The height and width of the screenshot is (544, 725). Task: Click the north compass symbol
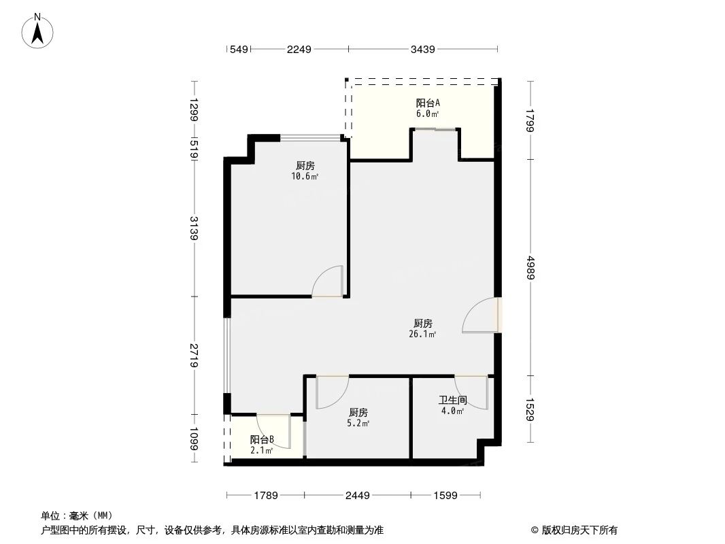point(39,31)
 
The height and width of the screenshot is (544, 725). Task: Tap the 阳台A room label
point(428,103)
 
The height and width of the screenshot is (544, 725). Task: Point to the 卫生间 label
point(452,401)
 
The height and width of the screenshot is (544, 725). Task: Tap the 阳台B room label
point(262,439)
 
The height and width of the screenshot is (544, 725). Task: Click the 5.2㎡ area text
point(358,423)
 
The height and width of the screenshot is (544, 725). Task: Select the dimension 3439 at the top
point(423,49)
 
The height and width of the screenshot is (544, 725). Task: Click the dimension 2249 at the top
point(299,49)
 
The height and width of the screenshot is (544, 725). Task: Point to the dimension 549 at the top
point(237,49)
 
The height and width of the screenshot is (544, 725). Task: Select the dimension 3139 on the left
point(195,228)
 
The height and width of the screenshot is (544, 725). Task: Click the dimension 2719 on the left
point(195,356)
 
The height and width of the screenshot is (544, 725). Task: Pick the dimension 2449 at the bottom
point(357,496)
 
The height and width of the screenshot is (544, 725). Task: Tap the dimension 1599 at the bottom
point(445,496)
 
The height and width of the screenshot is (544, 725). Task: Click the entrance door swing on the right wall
point(480,316)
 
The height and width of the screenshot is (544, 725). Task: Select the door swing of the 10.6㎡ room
point(328,282)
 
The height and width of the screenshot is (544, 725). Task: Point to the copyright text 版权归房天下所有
point(579,530)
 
